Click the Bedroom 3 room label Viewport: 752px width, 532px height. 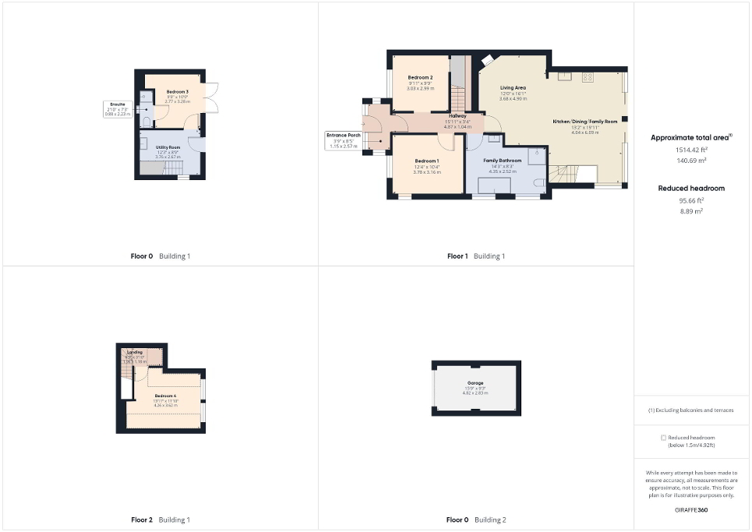coord(177,92)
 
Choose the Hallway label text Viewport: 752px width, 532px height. coord(457,116)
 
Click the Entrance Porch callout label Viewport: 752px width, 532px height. coord(343,136)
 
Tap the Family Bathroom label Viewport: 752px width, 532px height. coord(502,160)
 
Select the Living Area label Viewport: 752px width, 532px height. coord(514,88)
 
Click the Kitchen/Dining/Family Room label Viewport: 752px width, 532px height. coord(584,122)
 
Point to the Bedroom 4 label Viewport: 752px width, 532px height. coord(165,396)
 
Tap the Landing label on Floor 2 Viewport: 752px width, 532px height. coord(135,352)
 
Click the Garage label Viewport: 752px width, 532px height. coord(475,383)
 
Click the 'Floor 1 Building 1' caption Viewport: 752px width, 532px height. coord(475,256)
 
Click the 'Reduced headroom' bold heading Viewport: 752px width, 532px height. coord(691,188)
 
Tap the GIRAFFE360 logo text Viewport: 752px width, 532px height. coord(691,509)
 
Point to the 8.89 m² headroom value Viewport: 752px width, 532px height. coord(691,211)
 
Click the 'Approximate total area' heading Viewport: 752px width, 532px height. coord(690,138)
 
